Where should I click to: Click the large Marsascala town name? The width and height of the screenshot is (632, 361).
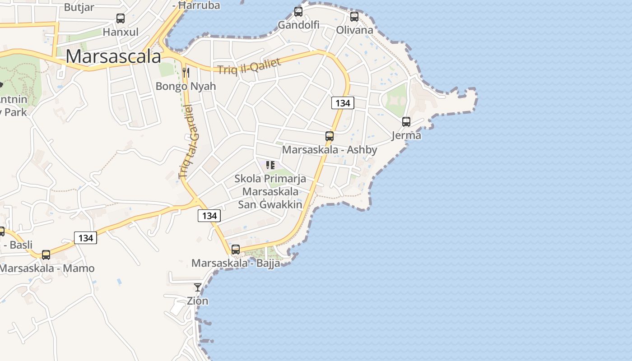click(113, 57)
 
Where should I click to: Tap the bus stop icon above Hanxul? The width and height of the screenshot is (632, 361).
click(121, 19)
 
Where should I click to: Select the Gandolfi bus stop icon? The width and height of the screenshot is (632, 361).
click(298, 12)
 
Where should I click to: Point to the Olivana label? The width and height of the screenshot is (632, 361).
click(354, 30)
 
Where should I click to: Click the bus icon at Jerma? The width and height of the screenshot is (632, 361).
click(406, 122)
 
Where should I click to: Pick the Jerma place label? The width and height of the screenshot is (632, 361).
click(406, 135)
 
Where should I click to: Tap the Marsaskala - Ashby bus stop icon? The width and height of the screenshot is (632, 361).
click(330, 136)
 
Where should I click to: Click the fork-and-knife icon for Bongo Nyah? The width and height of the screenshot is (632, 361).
click(186, 72)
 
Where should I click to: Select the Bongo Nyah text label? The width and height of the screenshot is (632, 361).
click(186, 86)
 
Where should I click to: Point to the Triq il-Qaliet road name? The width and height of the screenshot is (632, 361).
click(249, 67)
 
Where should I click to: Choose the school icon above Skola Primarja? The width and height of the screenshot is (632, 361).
click(270, 165)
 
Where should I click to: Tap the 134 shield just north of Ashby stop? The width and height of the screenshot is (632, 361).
click(343, 103)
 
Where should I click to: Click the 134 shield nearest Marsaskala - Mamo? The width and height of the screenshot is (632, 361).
click(85, 238)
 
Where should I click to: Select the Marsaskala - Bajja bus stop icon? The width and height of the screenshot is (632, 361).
click(236, 250)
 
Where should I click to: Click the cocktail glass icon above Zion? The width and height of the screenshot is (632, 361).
click(198, 287)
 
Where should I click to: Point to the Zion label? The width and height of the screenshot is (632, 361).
click(198, 301)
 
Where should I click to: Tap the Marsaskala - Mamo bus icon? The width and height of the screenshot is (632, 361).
click(46, 255)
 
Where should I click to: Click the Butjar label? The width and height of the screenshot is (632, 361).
click(79, 7)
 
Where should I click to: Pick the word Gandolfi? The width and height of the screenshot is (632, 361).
click(298, 25)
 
